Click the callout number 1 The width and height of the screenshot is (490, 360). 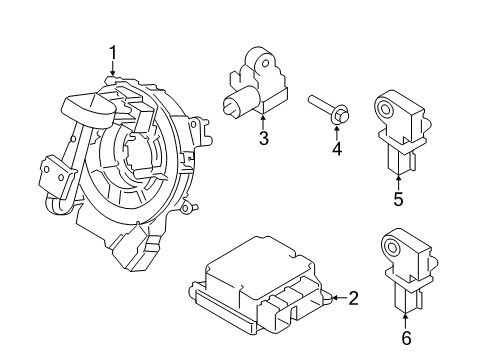point(113,52)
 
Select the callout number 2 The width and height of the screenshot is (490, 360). point(354,297)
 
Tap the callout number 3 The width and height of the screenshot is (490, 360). point(263,139)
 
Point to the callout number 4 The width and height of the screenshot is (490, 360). point(337,150)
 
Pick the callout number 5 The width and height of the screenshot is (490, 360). point(398,199)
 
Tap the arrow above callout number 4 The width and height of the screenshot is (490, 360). point(337,131)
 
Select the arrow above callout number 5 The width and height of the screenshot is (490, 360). point(398,181)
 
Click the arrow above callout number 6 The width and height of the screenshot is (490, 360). point(406,323)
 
